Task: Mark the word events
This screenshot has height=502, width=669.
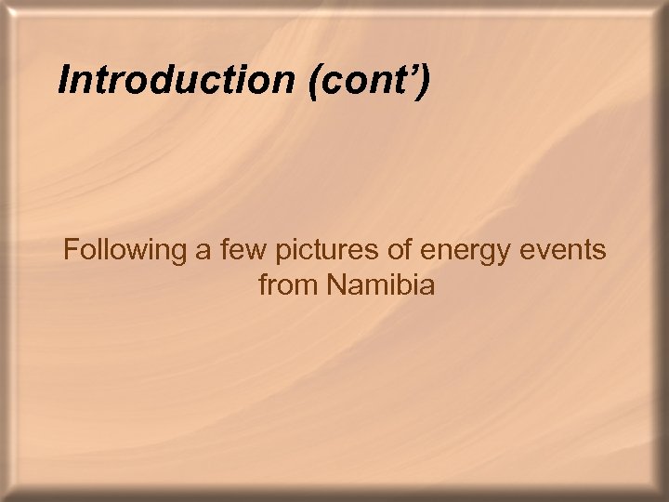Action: (563, 251)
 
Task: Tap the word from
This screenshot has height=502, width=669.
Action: (285, 284)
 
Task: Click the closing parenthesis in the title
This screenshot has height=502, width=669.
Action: (424, 82)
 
